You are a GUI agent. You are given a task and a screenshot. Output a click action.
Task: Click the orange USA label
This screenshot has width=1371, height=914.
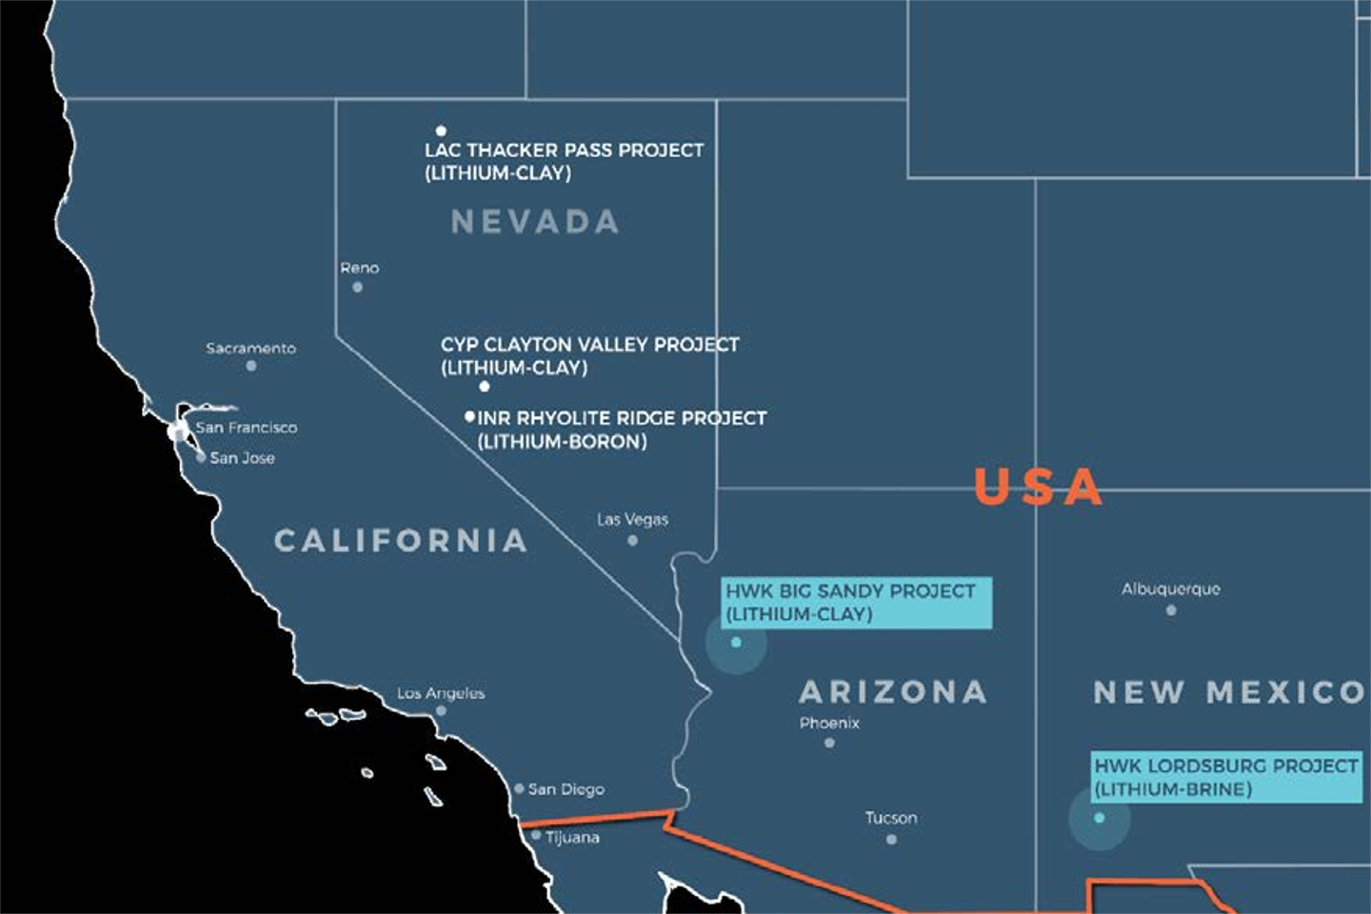[1038, 487]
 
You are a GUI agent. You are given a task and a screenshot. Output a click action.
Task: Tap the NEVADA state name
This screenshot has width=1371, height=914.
[535, 222]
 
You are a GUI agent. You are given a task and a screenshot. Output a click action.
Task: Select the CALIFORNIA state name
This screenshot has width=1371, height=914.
[400, 541]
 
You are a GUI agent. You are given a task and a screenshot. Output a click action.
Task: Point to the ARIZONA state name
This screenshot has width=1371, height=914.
[892, 691]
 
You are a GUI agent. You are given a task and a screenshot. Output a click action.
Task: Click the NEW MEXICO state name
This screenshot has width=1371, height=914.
[1228, 692]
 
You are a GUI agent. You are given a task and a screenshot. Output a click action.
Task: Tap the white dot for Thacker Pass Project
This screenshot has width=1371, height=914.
[441, 130]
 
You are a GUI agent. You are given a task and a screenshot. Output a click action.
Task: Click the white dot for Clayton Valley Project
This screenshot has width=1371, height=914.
[485, 387]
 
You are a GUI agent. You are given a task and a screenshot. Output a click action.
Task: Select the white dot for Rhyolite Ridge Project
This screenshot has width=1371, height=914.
[469, 417]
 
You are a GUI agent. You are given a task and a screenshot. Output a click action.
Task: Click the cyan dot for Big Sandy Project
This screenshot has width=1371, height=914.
[736, 643]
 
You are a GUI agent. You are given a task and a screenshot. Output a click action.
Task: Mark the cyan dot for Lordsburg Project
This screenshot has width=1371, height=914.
[1100, 818]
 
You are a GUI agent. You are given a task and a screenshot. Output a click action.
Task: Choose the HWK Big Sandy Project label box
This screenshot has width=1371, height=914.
[856, 603]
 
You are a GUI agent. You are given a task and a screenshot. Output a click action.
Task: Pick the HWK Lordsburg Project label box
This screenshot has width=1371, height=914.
[1226, 777]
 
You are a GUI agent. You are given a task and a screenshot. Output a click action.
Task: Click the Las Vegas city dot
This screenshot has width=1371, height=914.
[632, 541]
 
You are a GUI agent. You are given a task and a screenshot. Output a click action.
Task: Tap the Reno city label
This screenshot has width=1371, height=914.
[360, 268]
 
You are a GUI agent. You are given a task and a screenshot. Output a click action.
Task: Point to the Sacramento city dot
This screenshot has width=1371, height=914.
[251, 366]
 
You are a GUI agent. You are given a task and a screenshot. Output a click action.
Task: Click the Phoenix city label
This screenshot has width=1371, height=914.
[829, 723]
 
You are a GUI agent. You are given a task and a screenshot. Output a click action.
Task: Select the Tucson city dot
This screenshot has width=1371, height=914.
[891, 840]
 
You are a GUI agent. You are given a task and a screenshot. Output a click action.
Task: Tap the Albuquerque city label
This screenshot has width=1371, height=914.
[1170, 589]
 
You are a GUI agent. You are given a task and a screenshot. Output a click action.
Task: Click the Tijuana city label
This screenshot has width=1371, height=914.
[572, 838]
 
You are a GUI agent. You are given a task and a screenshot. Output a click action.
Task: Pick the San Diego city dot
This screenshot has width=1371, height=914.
[519, 788]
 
